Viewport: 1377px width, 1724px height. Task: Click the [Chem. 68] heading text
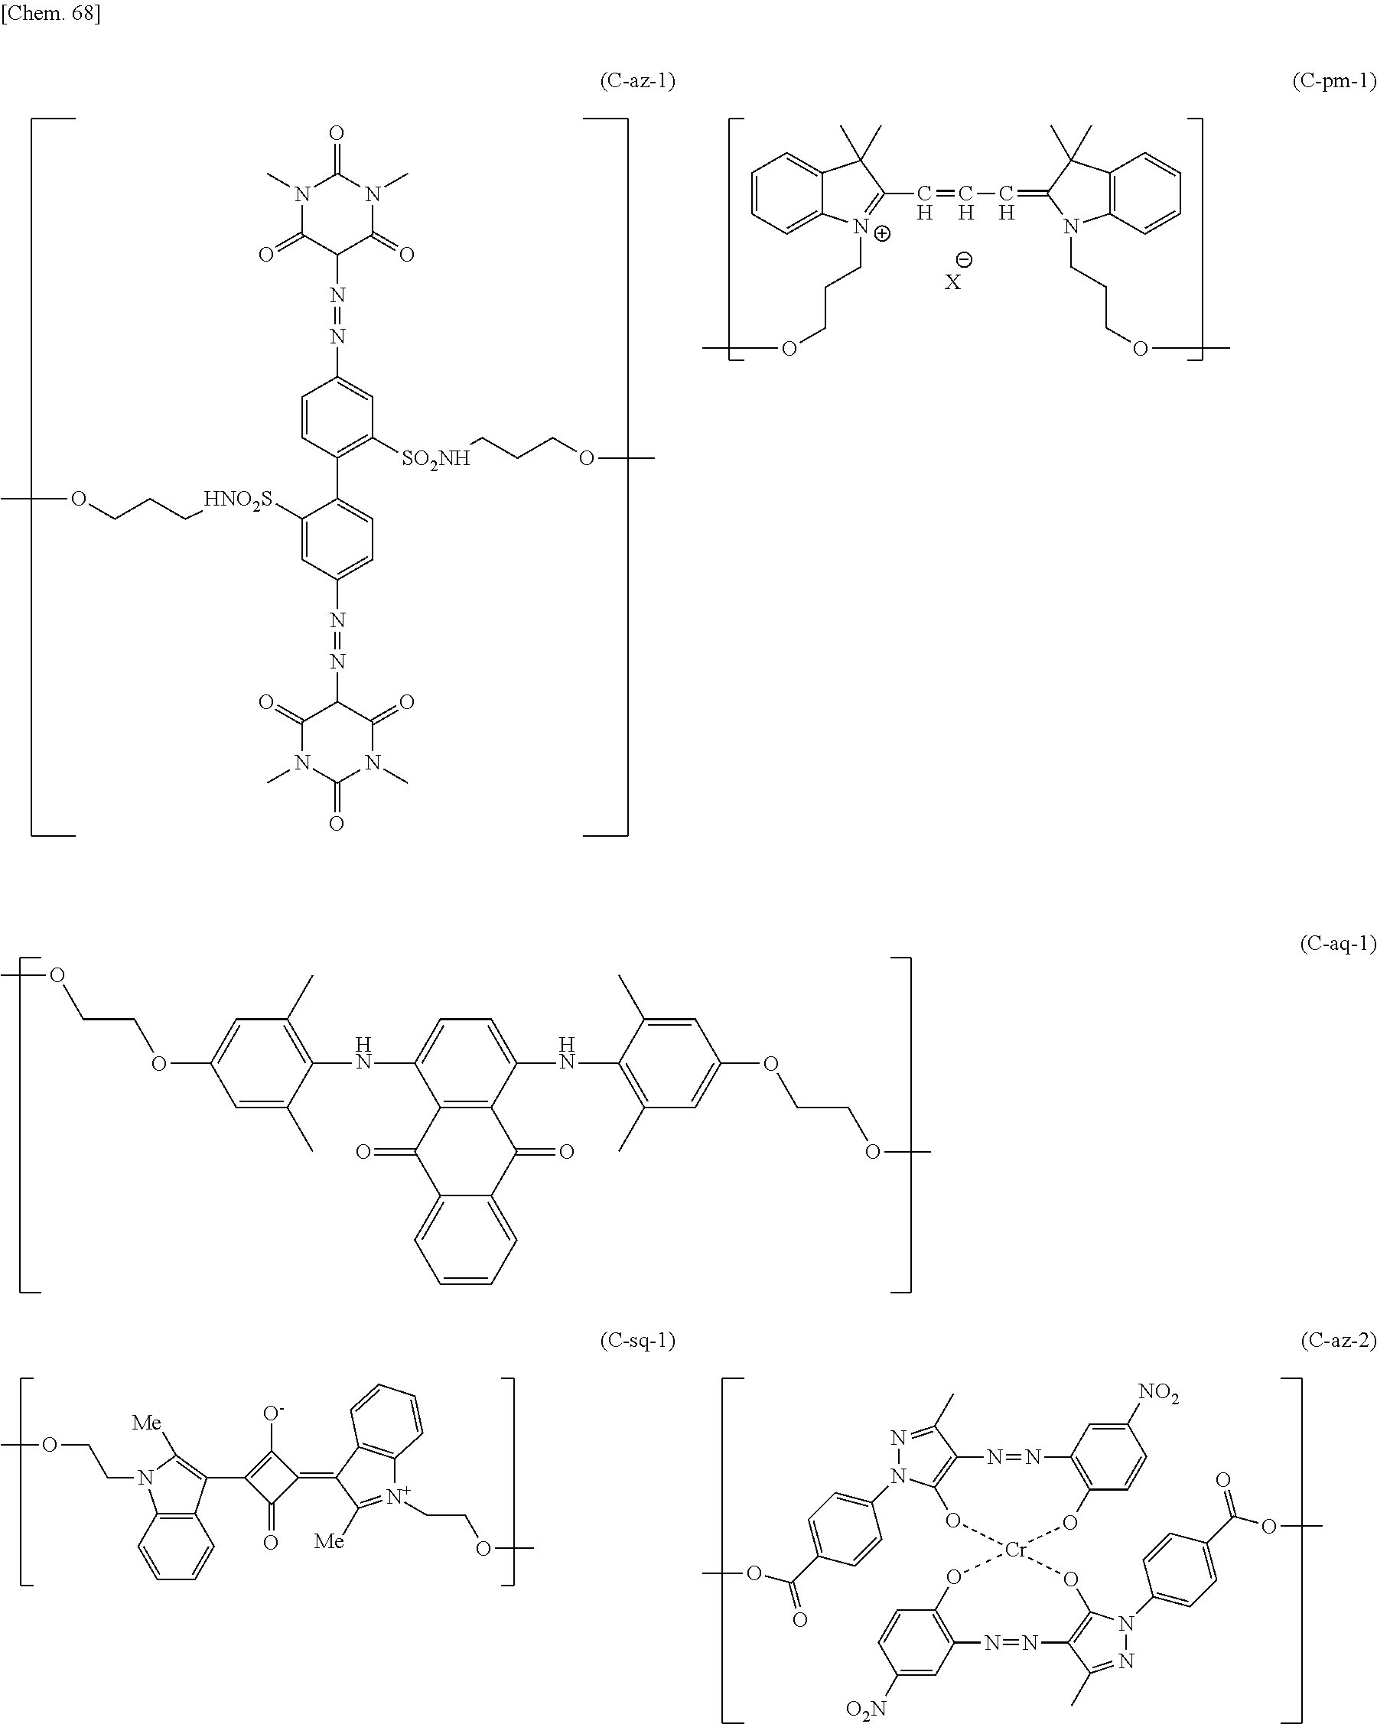click(x=50, y=14)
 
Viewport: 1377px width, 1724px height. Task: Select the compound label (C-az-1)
click(x=637, y=81)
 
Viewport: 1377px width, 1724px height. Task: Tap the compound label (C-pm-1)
click(x=1334, y=81)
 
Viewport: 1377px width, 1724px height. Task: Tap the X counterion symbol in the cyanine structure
click(x=952, y=282)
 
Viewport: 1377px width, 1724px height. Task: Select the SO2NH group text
click(x=436, y=459)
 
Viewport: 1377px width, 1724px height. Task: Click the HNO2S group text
click(x=237, y=500)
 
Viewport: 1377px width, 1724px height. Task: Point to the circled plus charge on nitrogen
click(x=881, y=234)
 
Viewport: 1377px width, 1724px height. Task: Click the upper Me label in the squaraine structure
click(x=146, y=1423)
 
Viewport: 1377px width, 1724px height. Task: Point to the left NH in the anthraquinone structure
click(x=363, y=1054)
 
